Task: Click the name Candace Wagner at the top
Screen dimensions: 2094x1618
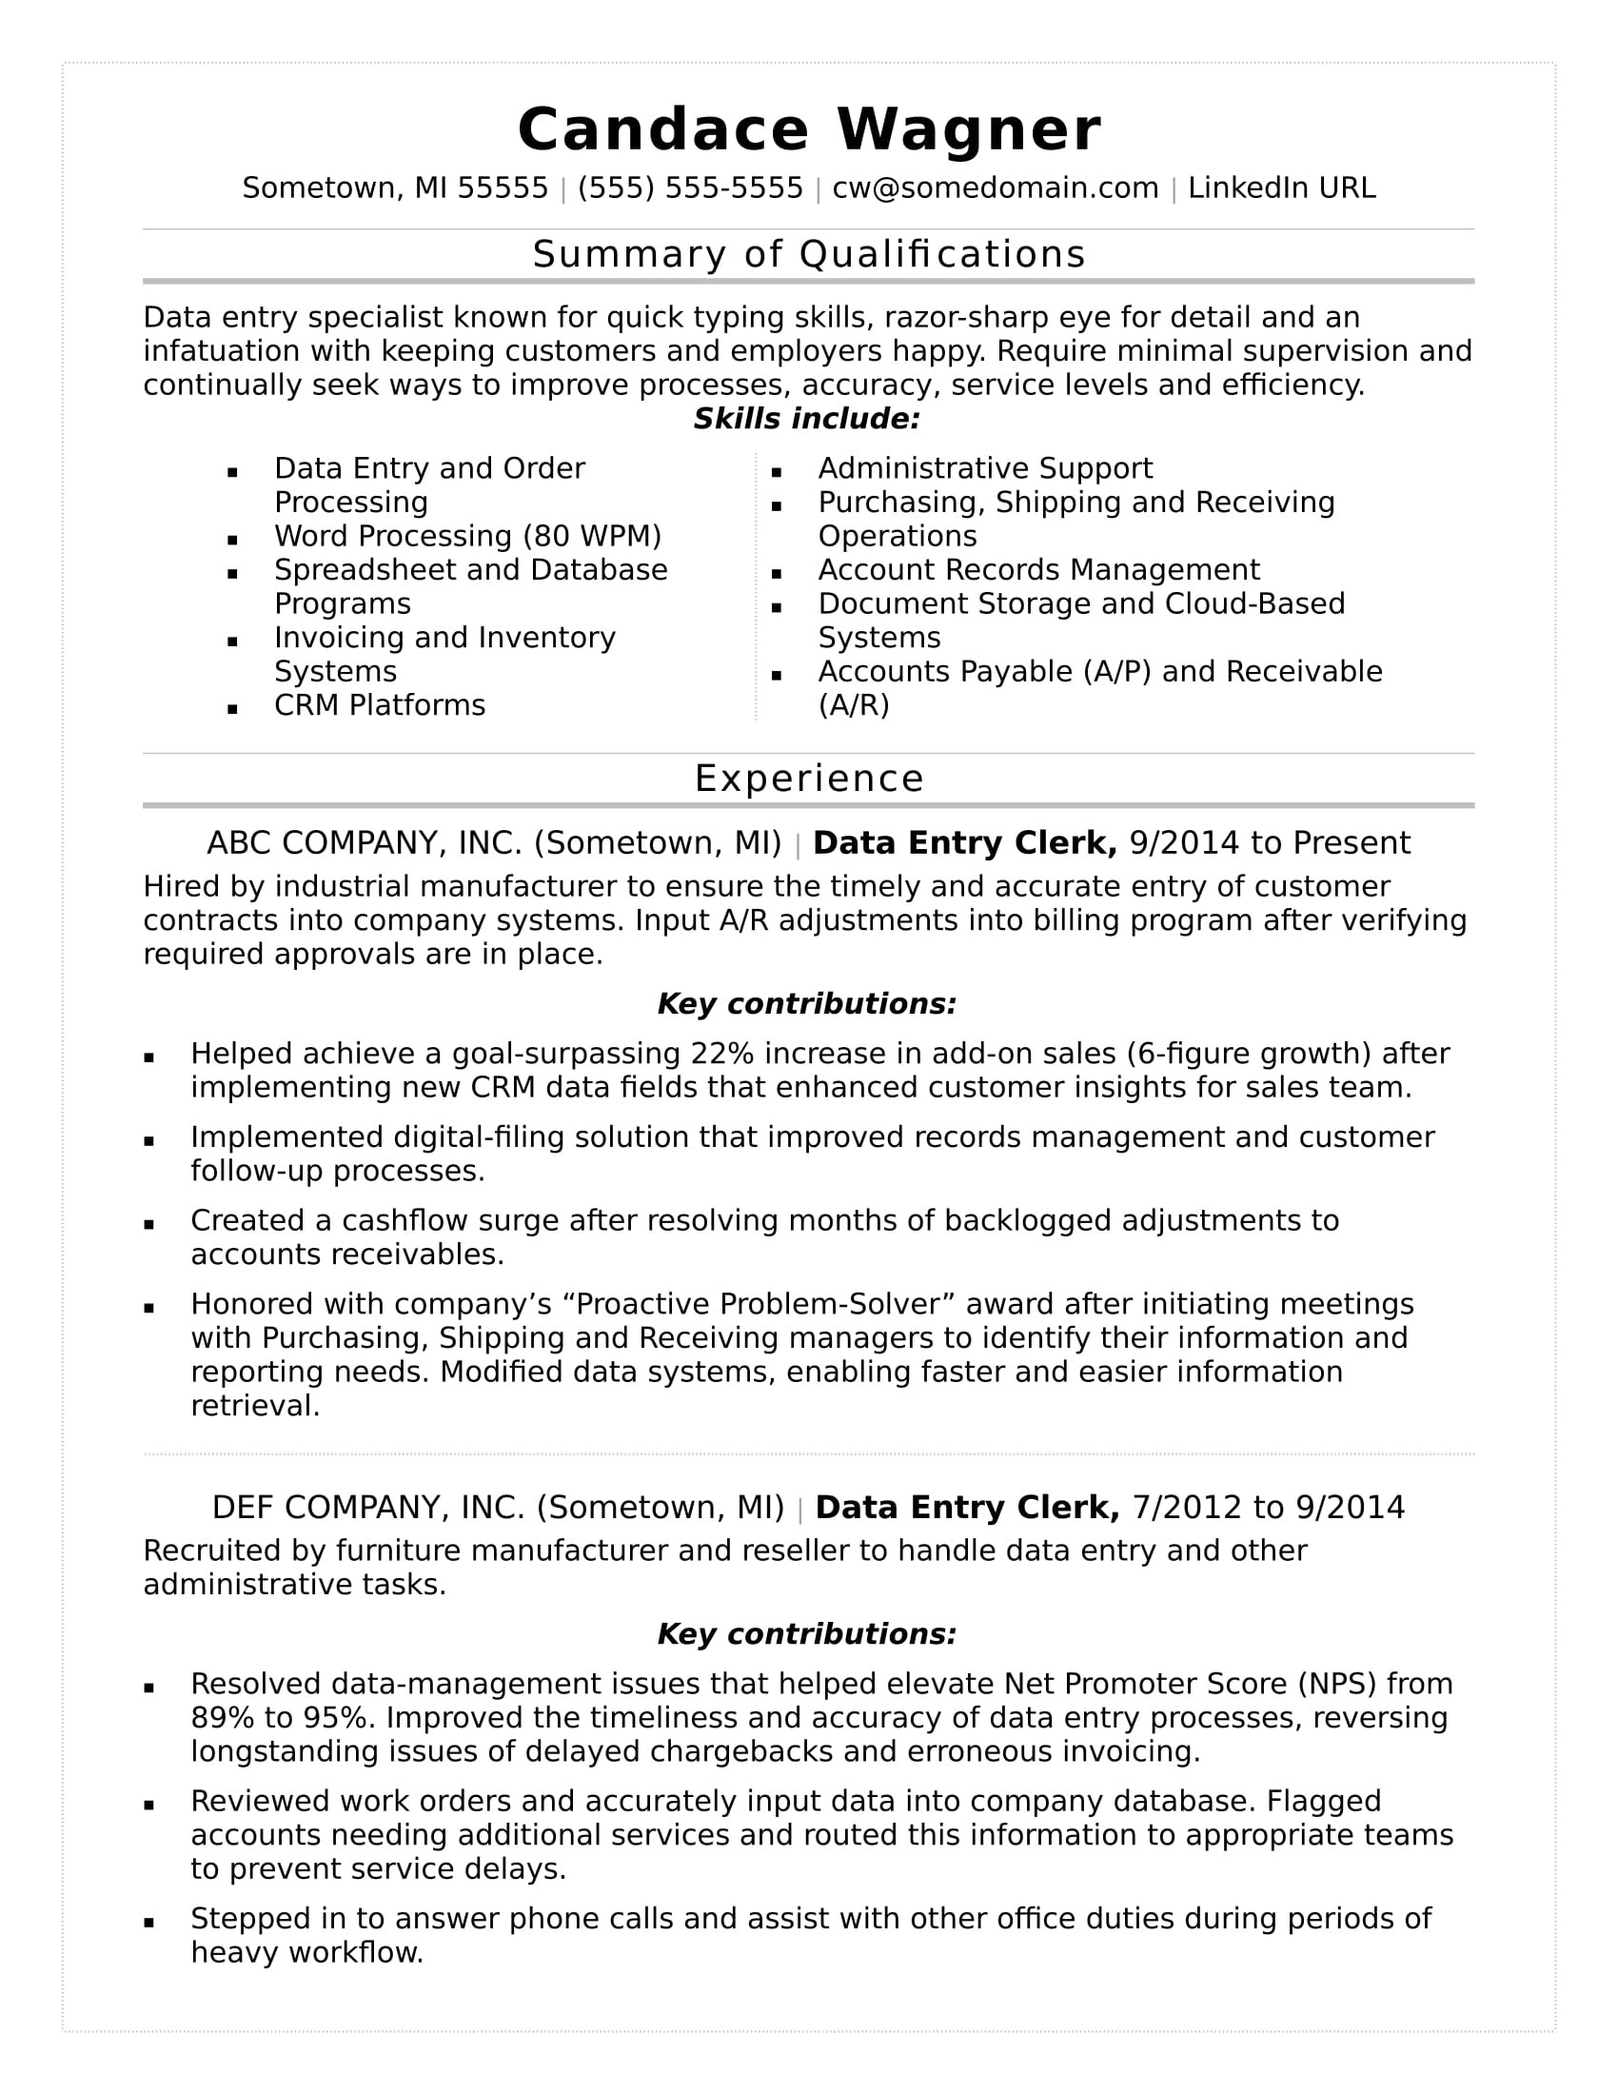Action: (809, 129)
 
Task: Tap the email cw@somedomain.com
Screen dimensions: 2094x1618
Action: (995, 188)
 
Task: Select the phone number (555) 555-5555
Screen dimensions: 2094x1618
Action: (690, 188)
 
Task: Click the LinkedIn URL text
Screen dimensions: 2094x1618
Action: (1282, 188)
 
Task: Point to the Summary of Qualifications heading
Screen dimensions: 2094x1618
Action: (809, 254)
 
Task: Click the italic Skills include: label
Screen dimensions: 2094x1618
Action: (807, 419)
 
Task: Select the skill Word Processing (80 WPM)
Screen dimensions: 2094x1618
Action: (467, 536)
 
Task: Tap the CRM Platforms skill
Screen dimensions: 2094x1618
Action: (380, 705)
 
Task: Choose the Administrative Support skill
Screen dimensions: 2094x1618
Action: (984, 469)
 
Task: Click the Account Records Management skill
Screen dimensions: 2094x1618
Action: (1038, 570)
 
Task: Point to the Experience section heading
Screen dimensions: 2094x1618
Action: (809, 779)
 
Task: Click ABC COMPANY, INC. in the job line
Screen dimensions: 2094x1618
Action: (365, 842)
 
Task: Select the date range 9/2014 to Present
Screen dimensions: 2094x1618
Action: (1270, 842)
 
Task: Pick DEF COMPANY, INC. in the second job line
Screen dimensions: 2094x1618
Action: (368, 1508)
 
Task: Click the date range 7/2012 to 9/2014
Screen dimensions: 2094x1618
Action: (1268, 1508)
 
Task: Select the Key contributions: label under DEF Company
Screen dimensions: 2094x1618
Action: (807, 1633)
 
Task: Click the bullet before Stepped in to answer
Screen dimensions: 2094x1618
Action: (149, 1923)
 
